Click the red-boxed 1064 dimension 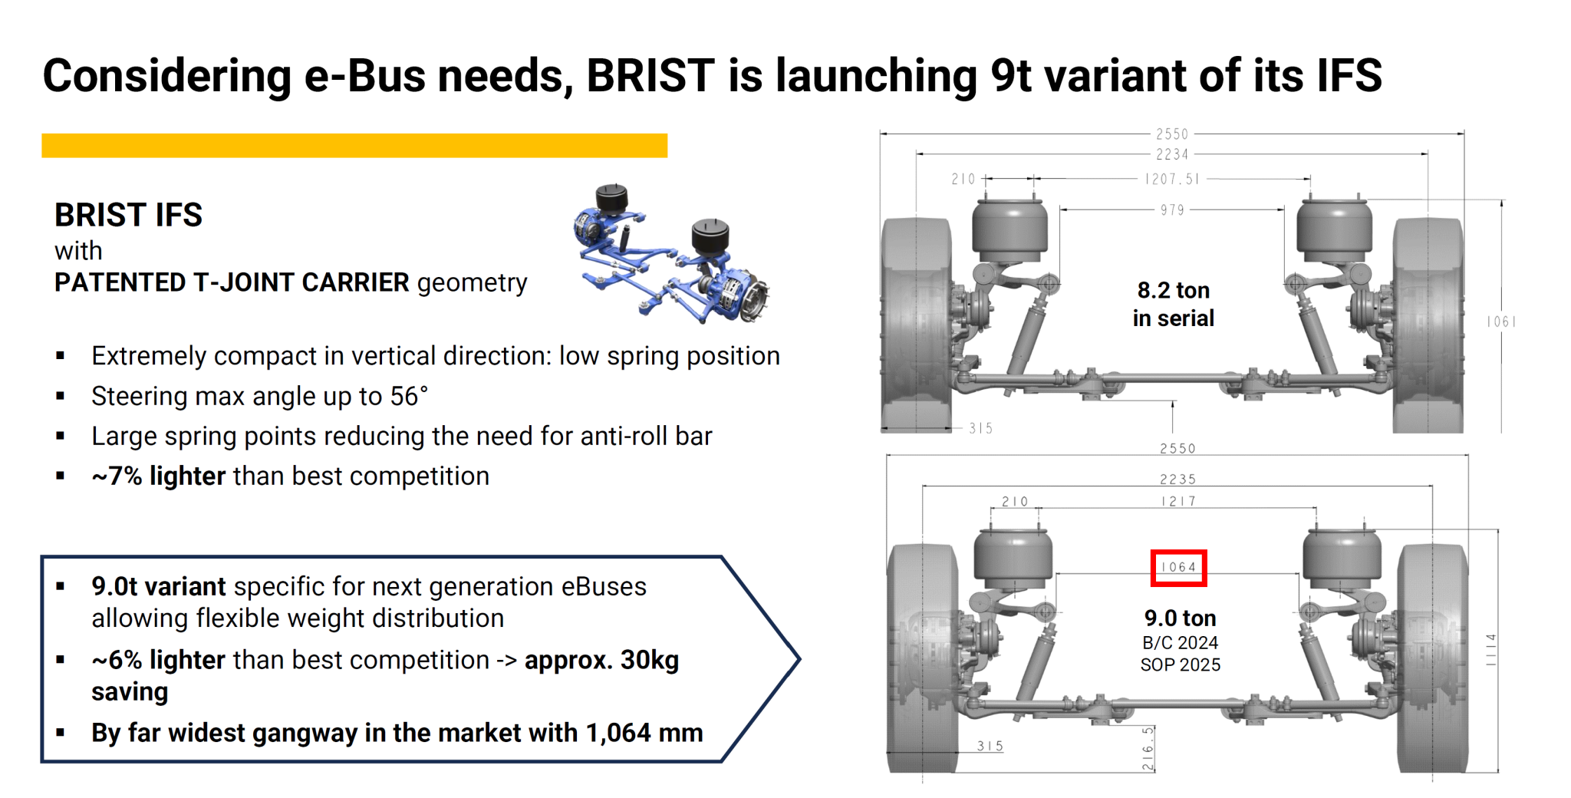pyautogui.click(x=1178, y=568)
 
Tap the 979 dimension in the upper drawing pyautogui.click(x=1172, y=210)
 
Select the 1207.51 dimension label pyautogui.click(x=1172, y=179)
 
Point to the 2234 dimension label pyautogui.click(x=1172, y=154)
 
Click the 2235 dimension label pyautogui.click(x=1177, y=480)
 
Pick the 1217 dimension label pyautogui.click(x=1178, y=502)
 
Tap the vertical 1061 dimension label pyautogui.click(x=1501, y=322)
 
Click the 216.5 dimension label pyautogui.click(x=1148, y=748)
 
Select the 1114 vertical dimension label pyautogui.click(x=1490, y=650)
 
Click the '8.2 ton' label pyautogui.click(x=1174, y=291)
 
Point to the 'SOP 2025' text pyautogui.click(x=1180, y=665)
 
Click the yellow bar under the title pyautogui.click(x=354, y=146)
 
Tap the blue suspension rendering pyautogui.click(x=671, y=253)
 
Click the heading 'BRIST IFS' pyautogui.click(x=128, y=216)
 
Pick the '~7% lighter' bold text pyautogui.click(x=158, y=476)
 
